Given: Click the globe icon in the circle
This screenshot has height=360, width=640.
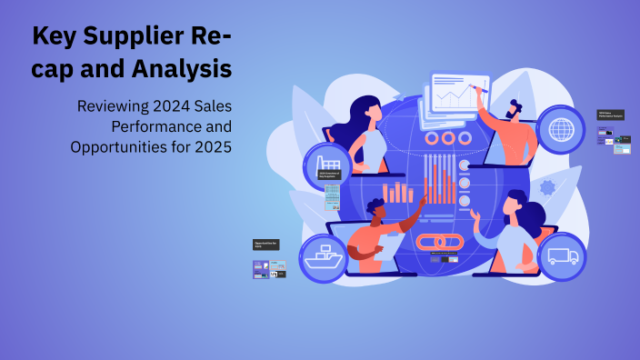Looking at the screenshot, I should point(561,129).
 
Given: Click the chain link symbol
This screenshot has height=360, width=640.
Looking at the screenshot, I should point(440,243).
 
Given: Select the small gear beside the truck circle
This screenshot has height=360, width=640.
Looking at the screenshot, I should point(546,188).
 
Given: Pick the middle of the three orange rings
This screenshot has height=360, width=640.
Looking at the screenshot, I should point(447,138).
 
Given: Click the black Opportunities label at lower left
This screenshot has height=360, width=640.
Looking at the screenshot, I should point(266,244).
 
